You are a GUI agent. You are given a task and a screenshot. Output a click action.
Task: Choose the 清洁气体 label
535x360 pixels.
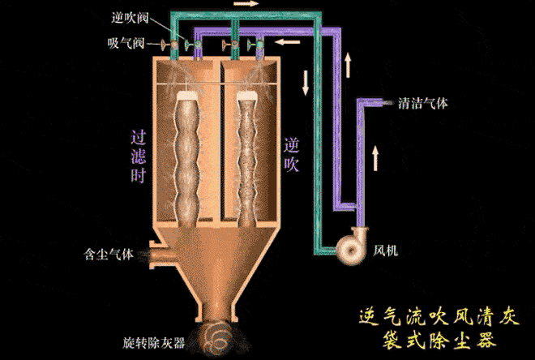423,104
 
